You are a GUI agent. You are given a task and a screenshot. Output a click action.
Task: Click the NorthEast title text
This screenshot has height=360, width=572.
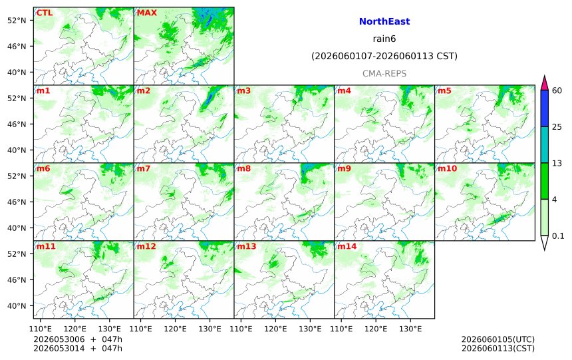click(x=384, y=21)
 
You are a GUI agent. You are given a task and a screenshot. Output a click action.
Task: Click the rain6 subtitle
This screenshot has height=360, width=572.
click(x=384, y=39)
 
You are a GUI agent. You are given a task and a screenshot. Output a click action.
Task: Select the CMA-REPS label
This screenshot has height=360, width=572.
click(x=384, y=73)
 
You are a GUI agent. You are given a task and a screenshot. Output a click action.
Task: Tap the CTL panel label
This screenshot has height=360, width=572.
click(x=44, y=13)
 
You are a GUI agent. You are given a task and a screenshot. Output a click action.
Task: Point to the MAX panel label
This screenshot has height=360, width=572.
click(x=146, y=13)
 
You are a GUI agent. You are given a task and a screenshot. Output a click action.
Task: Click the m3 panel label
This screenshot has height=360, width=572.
click(x=243, y=90)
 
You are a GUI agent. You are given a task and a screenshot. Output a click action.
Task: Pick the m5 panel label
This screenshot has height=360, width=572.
click(x=444, y=90)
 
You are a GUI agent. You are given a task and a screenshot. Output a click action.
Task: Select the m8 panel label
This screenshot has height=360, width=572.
click(x=243, y=168)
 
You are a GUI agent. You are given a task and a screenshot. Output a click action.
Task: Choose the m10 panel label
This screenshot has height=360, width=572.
click(x=447, y=168)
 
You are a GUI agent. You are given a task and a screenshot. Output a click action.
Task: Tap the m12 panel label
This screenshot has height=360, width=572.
click(x=146, y=246)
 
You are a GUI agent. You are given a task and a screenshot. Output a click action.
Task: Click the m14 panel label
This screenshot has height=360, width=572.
click(x=347, y=246)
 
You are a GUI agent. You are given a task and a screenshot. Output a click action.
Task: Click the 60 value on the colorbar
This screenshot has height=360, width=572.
click(x=557, y=90)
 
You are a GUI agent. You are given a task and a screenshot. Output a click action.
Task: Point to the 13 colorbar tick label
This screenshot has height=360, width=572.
click(x=557, y=163)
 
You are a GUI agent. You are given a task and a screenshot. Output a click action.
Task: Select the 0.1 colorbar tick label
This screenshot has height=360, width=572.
click(x=558, y=236)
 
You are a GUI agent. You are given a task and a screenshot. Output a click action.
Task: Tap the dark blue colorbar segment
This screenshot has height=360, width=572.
click(x=544, y=108)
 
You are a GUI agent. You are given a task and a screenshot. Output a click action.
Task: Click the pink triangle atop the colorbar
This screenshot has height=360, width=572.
click(x=544, y=85)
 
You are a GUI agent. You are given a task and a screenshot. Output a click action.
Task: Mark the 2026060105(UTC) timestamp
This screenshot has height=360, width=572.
click(x=498, y=339)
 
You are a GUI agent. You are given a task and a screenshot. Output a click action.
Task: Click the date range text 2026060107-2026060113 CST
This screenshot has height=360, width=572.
click(x=384, y=56)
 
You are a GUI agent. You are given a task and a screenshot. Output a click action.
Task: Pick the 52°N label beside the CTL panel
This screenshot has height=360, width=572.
click(x=17, y=21)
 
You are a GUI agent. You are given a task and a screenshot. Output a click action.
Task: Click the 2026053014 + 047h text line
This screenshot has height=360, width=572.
click(x=78, y=348)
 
